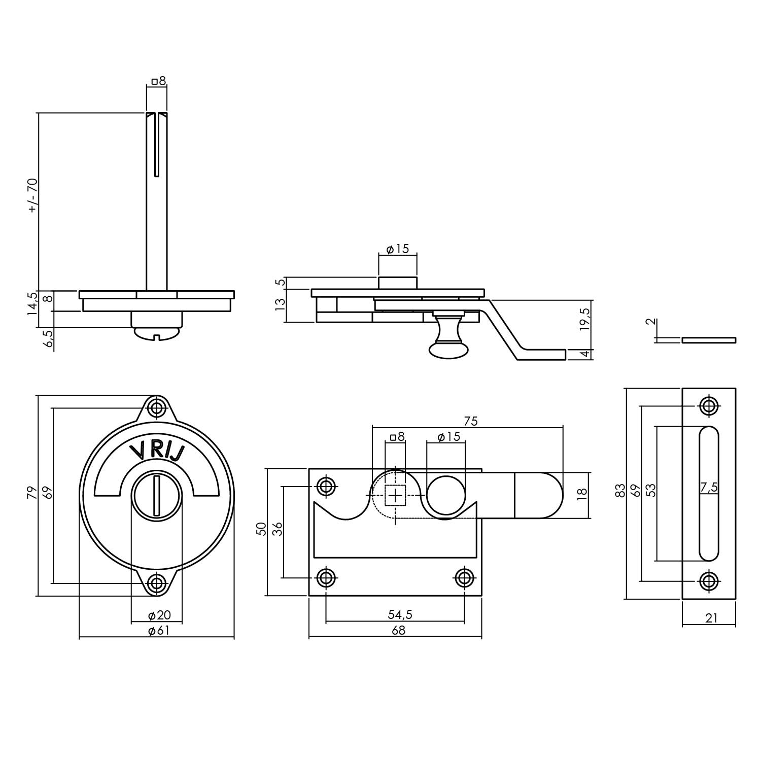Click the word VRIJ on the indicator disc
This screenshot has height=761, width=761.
(x=156, y=451)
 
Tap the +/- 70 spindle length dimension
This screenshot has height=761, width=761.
(x=32, y=195)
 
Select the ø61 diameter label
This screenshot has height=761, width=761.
(x=158, y=630)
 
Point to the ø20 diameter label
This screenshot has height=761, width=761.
(x=159, y=615)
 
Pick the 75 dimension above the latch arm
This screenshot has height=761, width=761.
(x=470, y=421)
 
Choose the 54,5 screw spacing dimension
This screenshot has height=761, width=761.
(x=400, y=614)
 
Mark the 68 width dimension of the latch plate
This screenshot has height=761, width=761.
(x=399, y=630)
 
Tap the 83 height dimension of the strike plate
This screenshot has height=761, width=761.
(x=620, y=491)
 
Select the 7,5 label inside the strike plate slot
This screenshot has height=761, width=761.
(x=709, y=488)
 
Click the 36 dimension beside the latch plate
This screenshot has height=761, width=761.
(x=277, y=529)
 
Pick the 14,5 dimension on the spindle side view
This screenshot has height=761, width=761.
(x=32, y=303)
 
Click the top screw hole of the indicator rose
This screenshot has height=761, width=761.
(x=157, y=407)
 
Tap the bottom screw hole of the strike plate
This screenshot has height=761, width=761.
(x=708, y=580)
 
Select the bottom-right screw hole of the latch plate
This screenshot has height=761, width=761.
(x=464, y=577)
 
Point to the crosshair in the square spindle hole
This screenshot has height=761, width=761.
(x=395, y=495)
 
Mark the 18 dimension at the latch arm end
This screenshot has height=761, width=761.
(x=582, y=492)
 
